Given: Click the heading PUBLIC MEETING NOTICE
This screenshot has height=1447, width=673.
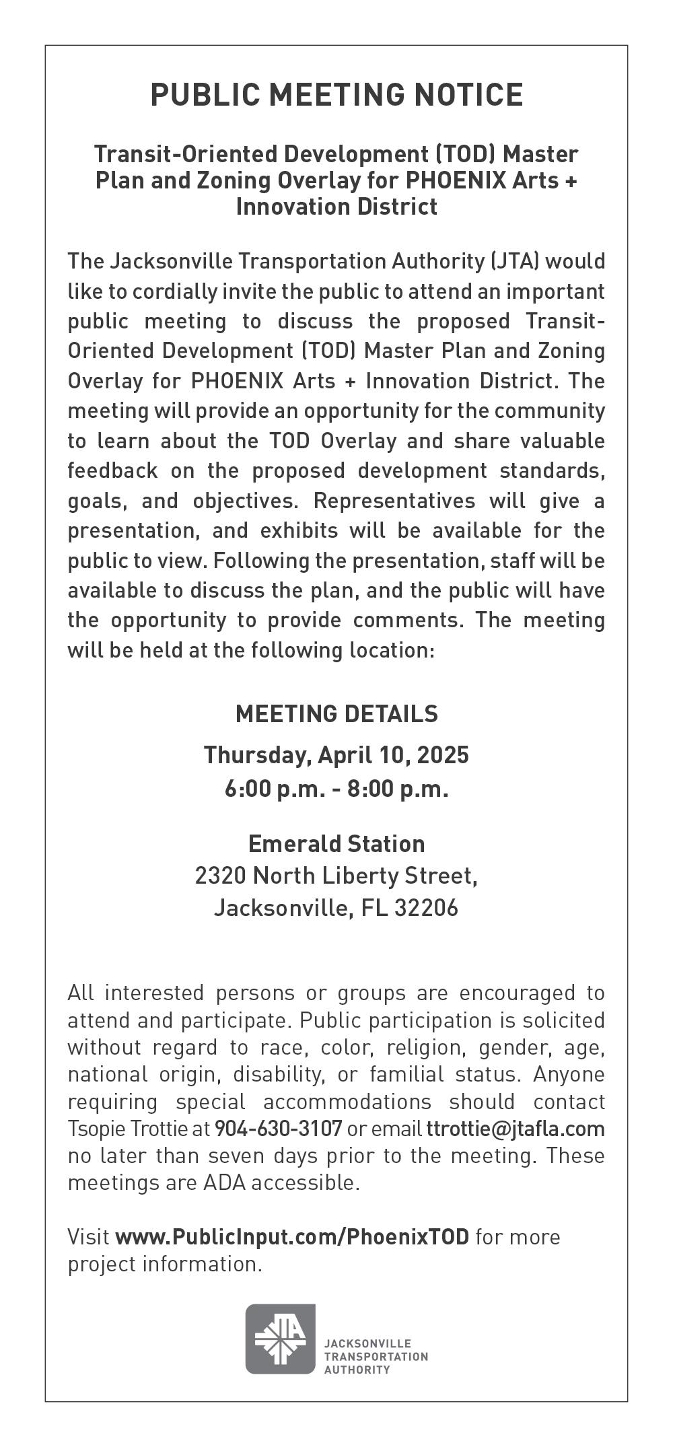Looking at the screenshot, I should pos(336,95).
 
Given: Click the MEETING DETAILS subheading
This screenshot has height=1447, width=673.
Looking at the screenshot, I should pos(336,713).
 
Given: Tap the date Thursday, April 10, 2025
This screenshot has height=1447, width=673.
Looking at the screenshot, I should pos(336,755).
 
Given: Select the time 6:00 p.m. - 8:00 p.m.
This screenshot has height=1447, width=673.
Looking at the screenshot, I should pos(336,788).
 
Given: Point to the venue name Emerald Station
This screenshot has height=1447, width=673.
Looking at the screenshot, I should pos(336,844).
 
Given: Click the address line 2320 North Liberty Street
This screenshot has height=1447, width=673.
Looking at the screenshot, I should pos(336,876).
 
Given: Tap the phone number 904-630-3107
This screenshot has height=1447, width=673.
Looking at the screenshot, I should pos(278,1128).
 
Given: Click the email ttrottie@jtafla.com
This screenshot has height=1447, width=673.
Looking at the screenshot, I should pos(516,1128).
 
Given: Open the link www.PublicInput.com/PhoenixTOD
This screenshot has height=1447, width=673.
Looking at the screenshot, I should pos(292,1237).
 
